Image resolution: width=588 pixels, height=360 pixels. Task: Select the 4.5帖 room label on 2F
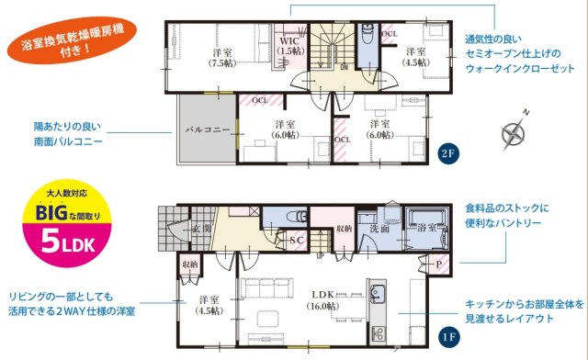414,57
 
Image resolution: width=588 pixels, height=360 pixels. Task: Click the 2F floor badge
447,153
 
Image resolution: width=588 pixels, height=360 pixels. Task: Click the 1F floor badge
447,337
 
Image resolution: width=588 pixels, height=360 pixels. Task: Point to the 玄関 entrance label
202,228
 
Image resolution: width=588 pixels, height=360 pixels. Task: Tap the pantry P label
437,264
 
